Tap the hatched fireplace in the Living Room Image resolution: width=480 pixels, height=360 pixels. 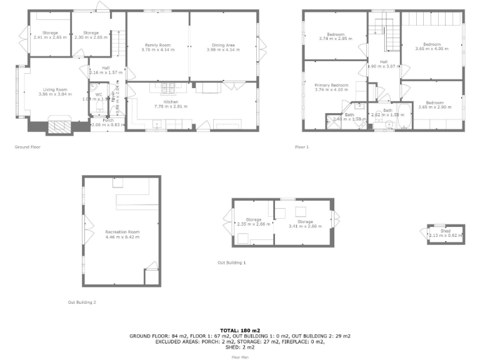tap(61, 127)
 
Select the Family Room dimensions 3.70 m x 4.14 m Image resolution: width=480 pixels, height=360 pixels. tap(158, 49)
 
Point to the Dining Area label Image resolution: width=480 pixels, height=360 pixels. tap(223, 45)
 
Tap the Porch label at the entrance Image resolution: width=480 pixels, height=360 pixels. tap(99, 120)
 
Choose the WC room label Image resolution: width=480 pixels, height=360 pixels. tap(99, 94)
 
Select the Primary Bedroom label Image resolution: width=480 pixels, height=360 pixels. tap(331, 85)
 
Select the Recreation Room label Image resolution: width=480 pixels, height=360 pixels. tap(122, 232)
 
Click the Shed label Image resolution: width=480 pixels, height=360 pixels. tap(446, 231)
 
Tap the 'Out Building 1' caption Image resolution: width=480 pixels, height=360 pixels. tap(231, 262)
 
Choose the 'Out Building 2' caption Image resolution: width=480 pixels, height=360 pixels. tap(82, 302)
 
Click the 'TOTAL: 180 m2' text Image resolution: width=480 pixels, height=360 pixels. tap(240, 330)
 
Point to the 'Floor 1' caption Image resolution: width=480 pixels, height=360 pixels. tap(302, 147)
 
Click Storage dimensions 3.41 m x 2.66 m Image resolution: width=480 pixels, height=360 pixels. tap(305, 226)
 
